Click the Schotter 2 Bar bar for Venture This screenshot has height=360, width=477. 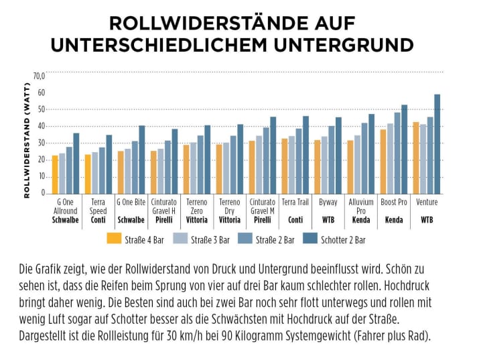(437, 143)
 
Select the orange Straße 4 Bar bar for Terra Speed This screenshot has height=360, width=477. (88, 174)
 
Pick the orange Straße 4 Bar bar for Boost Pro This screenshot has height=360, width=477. (383, 161)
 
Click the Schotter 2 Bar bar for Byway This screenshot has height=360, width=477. (338, 155)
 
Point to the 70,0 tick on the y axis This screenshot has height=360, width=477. (38, 75)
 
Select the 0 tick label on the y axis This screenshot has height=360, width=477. (42, 193)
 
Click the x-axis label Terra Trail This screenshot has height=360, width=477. (295, 201)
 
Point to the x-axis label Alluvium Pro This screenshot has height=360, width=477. (360, 205)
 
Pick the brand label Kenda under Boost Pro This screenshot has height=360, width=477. (393, 219)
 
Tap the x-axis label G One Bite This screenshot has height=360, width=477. (131, 201)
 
